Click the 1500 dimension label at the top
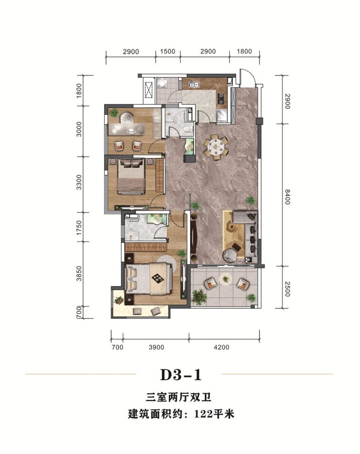[168, 51]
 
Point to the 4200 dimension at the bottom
[221, 347]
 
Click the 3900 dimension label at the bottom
[157, 347]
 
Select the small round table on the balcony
[225, 278]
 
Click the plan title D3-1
[180, 375]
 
